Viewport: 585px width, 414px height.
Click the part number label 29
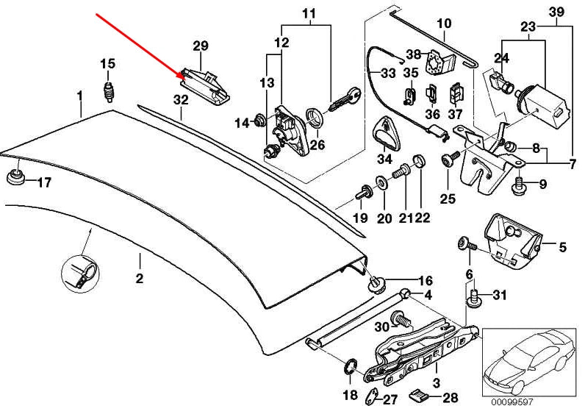click(x=201, y=46)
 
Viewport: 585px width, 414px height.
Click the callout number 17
click(x=44, y=182)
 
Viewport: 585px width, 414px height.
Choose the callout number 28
click(x=450, y=398)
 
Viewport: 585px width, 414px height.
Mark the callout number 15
click(x=107, y=63)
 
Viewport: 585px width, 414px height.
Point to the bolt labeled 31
click(x=475, y=296)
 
